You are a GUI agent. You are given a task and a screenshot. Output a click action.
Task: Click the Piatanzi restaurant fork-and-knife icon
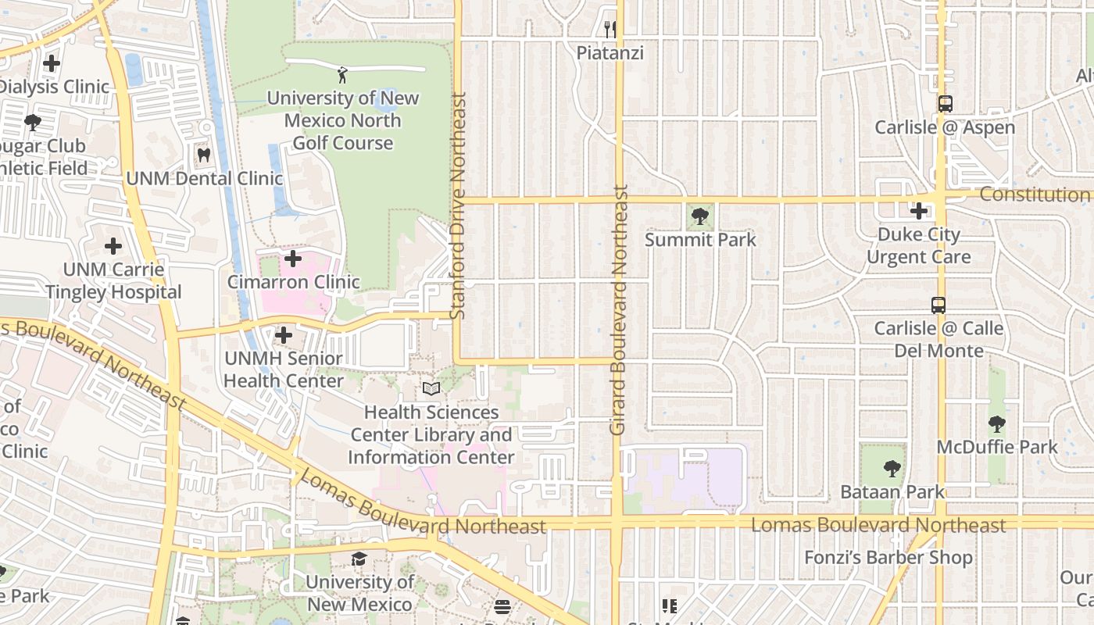coord(610,30)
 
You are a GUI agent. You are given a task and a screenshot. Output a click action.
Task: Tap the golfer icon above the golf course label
coord(342,75)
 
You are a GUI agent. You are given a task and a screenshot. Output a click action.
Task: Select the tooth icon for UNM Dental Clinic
coord(204,155)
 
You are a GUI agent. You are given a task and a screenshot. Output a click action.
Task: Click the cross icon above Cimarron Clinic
coord(293,258)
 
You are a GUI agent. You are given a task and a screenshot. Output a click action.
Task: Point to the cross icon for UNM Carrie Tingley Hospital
coord(113,246)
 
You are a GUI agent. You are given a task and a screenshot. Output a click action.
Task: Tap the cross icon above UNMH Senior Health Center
coord(284,335)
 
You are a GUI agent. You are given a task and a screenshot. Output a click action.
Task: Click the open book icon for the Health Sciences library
coord(431,388)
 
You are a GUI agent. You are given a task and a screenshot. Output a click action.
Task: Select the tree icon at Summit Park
coord(700,216)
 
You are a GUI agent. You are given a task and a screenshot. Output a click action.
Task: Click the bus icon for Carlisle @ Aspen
coord(945,103)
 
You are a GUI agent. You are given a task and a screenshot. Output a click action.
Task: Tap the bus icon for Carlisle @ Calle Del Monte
coord(938,305)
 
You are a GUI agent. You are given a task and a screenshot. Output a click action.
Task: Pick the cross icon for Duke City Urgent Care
coord(919,210)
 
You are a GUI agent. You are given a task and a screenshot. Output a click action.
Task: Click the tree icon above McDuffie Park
coord(996,424)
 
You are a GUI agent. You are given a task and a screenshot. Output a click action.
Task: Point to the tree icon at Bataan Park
coord(892,469)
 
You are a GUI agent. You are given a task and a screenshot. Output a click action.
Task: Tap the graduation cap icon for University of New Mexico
coord(359,559)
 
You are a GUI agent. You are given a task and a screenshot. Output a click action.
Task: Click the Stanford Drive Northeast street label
coord(459,205)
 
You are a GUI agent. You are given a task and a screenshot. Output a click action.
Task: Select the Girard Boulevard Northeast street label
coord(619,310)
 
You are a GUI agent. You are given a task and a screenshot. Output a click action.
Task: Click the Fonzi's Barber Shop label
coord(888,558)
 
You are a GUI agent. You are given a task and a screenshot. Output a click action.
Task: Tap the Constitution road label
coord(1035,195)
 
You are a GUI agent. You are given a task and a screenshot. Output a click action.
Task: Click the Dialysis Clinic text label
coord(55,86)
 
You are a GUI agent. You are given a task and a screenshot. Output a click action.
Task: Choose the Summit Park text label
coord(700,239)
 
